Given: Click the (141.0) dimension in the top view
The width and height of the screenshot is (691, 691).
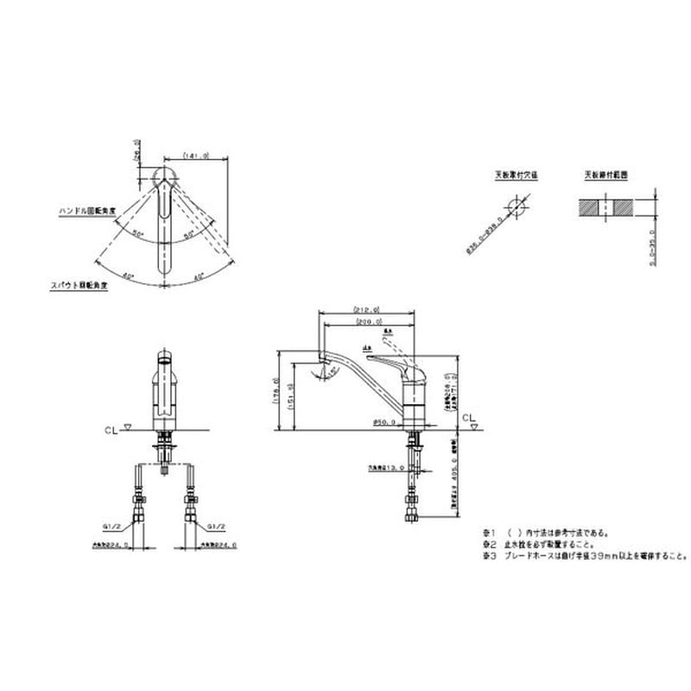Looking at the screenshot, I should pyautogui.click(x=197, y=155).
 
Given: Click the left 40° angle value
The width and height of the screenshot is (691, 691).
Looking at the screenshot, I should pyautogui.click(x=128, y=276).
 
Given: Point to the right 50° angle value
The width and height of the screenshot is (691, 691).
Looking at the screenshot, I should pyautogui.click(x=188, y=234).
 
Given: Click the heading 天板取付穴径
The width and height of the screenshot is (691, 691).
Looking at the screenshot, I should pyautogui.click(x=516, y=174).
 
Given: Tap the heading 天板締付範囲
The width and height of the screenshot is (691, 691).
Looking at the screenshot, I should pyautogui.click(x=605, y=174).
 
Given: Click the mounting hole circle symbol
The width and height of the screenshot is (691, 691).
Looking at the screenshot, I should pyautogui.click(x=517, y=208).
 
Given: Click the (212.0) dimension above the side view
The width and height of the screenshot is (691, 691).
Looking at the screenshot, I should pyautogui.click(x=367, y=308).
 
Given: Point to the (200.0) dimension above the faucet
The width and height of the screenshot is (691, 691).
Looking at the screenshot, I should pyautogui.click(x=367, y=322).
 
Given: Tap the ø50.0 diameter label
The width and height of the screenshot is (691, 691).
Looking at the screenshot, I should pyautogui.click(x=384, y=422).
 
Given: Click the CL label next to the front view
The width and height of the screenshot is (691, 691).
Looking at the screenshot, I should pyautogui.click(x=108, y=427).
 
